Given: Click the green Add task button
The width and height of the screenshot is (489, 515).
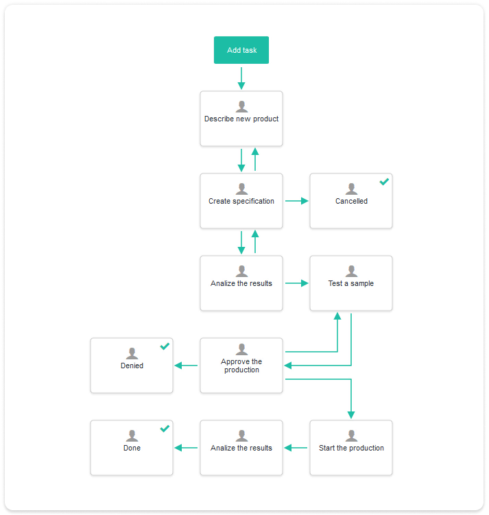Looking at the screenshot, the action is pos(241,50).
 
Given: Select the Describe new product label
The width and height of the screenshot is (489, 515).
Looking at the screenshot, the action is pos(241,119).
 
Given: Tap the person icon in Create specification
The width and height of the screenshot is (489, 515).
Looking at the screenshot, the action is pos(241,189).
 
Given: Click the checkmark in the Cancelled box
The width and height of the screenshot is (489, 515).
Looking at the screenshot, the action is pos(384,182).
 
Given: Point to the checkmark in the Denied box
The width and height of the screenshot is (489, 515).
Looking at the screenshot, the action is pos(165,346).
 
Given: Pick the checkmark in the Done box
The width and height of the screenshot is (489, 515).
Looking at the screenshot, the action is pos(165,429).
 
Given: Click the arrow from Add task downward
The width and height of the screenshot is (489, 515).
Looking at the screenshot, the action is pos(241,78).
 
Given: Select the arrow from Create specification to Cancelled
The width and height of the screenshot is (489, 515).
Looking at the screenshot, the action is pos(297,201).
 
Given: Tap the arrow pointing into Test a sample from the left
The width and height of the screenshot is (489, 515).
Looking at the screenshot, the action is pos(297,283).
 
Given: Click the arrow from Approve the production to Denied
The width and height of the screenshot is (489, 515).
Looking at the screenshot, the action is pos(186,366).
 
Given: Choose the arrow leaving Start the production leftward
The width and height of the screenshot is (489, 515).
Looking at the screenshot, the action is pos(296,448).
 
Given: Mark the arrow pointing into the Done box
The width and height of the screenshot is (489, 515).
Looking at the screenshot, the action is pos(186,448).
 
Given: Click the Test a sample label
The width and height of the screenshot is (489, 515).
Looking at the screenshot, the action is pos(351,283).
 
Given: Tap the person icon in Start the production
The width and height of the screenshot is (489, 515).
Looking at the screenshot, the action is pos(351,435).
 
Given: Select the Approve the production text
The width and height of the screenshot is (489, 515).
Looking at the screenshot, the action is pos(241,366).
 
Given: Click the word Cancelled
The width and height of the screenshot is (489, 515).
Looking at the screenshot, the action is pos(351,201).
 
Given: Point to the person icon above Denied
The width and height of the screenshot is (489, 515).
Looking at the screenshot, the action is pos(132,353).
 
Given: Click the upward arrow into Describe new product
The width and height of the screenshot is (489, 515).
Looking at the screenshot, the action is pos(255,159).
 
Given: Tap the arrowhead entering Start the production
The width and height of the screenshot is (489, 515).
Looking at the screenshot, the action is pos(351,415).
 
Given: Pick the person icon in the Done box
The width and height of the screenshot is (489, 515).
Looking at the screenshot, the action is pos(132,435).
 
